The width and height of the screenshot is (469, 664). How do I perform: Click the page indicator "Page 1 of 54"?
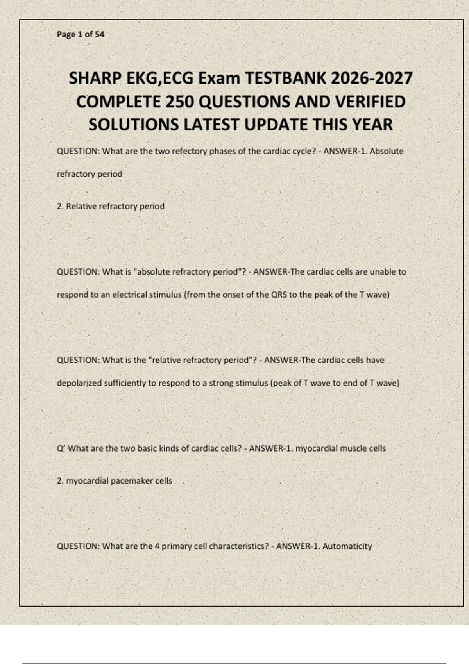(x=81, y=34)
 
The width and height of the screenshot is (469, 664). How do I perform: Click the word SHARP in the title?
(x=95, y=79)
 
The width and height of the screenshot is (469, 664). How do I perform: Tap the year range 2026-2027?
(x=372, y=79)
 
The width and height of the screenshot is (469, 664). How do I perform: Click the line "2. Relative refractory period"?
(x=111, y=206)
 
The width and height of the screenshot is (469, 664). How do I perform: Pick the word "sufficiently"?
(x=125, y=383)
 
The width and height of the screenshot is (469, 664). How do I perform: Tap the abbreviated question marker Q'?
(x=61, y=448)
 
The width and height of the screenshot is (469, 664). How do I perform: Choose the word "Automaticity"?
(x=347, y=546)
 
